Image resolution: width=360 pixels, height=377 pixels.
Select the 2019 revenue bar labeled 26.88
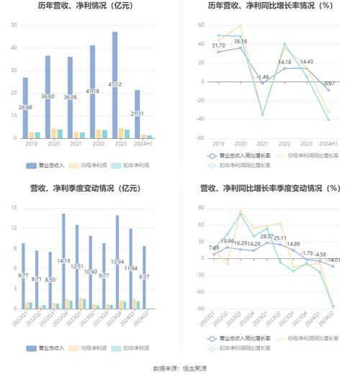[x=25, y=108]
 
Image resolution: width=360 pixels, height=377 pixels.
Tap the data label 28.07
[x=267, y=236]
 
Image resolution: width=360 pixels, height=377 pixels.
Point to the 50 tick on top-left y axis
[x=14, y=25]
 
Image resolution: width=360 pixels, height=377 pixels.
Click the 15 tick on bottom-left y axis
[x=14, y=208]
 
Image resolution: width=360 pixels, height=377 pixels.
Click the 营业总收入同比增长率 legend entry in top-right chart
[x=234, y=155]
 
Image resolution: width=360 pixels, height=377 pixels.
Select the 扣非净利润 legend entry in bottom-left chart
[x=132, y=348]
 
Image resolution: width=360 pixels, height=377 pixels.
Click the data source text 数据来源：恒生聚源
[x=180, y=368]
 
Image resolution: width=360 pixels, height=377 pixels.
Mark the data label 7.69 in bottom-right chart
[x=214, y=247]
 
